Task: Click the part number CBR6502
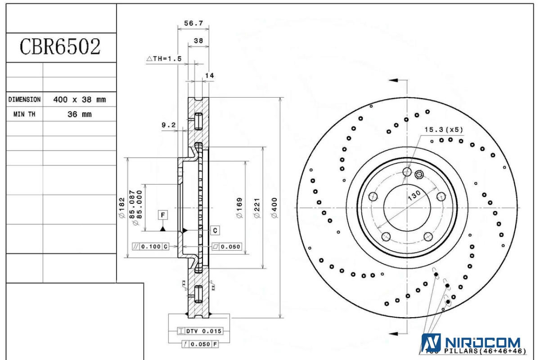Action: click(x=60, y=47)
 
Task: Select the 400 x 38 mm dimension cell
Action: click(x=79, y=99)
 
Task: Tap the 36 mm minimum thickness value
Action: click(x=79, y=114)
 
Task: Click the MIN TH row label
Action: click(x=24, y=114)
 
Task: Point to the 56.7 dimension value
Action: click(x=193, y=23)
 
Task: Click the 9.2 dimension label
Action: click(x=168, y=125)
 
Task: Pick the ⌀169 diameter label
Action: click(x=239, y=208)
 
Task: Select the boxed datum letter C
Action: click(x=216, y=230)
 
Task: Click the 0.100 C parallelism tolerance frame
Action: click(x=151, y=247)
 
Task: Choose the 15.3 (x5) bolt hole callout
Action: click(x=443, y=130)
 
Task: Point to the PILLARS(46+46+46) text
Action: click(x=485, y=351)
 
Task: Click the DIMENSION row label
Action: click(x=24, y=99)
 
